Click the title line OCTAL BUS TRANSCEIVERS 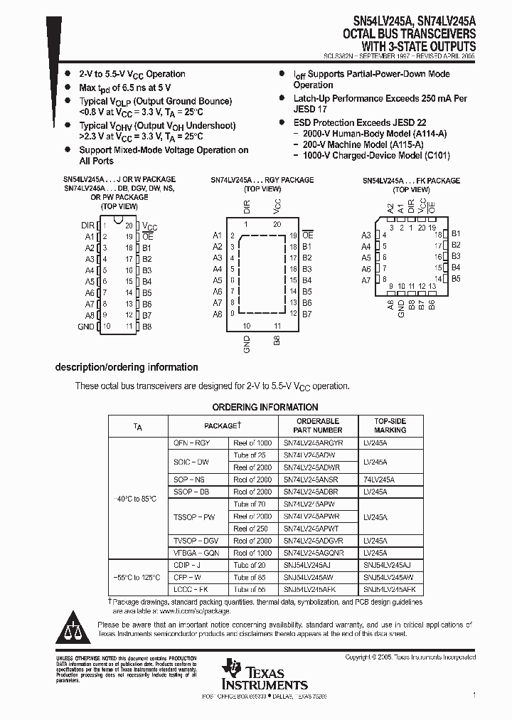[410, 33]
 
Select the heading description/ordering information [127, 367]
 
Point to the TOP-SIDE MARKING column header [390, 425]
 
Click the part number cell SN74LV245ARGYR [313, 443]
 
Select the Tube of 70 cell [250, 504]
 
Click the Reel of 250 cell [252, 529]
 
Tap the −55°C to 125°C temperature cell [137, 577]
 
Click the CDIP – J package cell [188, 565]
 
